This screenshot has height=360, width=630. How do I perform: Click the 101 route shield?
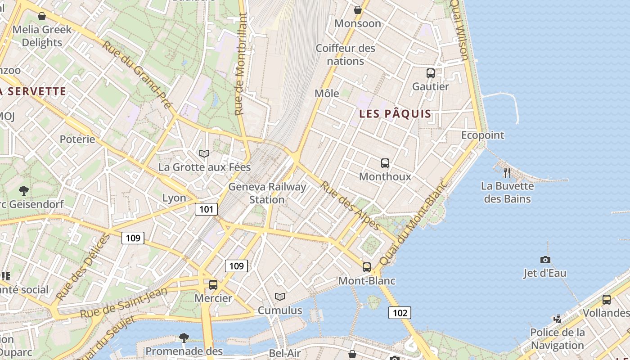pos(207,209)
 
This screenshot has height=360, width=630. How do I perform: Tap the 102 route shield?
pos(400,313)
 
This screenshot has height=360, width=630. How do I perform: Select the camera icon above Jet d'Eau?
pos(545,260)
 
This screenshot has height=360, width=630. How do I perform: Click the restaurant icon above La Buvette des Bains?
pos(507,172)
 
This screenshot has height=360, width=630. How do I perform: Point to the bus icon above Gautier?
pos(431,73)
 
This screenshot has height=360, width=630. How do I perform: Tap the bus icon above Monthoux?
pos(385,163)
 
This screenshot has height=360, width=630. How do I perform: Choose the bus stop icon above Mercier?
pos(213,284)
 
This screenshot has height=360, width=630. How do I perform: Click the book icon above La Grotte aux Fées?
pos(204,153)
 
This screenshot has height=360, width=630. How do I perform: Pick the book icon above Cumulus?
pos(280,297)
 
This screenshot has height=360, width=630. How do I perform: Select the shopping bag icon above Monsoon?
pos(358,9)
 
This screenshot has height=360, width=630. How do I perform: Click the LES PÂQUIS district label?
pos(395,114)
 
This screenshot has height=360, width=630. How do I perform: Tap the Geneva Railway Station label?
pos(267,193)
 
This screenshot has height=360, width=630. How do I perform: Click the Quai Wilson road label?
pos(460,29)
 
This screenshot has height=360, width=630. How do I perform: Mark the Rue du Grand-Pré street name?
pos(137,74)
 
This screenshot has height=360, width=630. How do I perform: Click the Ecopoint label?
pos(483,135)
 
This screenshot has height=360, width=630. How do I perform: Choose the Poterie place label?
pos(77,139)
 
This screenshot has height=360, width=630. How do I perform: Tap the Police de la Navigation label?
pos(557,339)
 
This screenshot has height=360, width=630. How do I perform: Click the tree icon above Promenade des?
pos(184,337)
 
